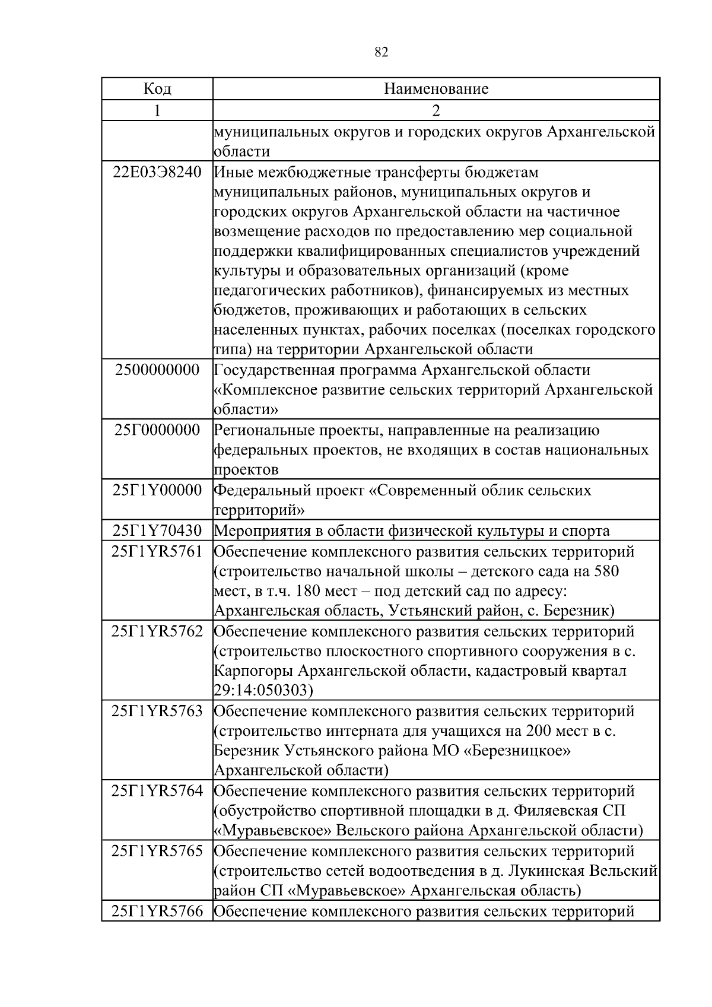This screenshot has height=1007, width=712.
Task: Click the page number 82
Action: (382, 52)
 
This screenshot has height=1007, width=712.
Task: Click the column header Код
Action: (157, 89)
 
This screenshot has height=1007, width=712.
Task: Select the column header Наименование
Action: (436, 89)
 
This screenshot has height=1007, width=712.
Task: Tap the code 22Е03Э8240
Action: (157, 173)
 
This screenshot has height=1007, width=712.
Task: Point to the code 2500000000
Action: (157, 370)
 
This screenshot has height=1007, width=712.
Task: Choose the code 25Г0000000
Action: (157, 430)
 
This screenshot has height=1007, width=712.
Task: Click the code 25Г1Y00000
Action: (157, 491)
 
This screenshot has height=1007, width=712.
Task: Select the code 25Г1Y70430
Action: (157, 531)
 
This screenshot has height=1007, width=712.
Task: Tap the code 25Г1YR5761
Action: (157, 551)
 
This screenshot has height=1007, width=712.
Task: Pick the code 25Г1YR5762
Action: (157, 631)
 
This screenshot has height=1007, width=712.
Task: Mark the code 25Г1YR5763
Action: (157, 711)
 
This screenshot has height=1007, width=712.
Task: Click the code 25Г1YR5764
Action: (157, 791)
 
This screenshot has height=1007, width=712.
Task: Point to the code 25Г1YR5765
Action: (157, 851)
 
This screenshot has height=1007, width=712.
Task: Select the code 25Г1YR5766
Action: (157, 911)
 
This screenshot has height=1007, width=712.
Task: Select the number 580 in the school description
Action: (606, 571)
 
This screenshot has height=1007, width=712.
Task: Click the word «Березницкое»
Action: (516, 751)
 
